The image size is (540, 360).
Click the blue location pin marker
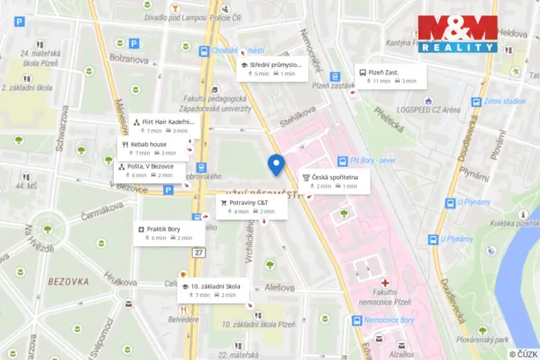coord(275,164)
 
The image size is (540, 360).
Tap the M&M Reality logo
coord(457,34)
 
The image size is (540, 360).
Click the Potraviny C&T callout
coord(251,206)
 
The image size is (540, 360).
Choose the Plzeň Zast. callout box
coord(391,75)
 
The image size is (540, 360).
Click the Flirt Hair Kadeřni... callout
coord(164,125)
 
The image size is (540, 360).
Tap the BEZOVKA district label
coord(70,282)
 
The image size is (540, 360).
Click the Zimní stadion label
coord(505,101)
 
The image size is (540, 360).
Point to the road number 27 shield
coord(200,252)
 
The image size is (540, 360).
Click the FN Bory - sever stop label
coord(372,161)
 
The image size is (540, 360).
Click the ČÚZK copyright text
coord(522,354)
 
